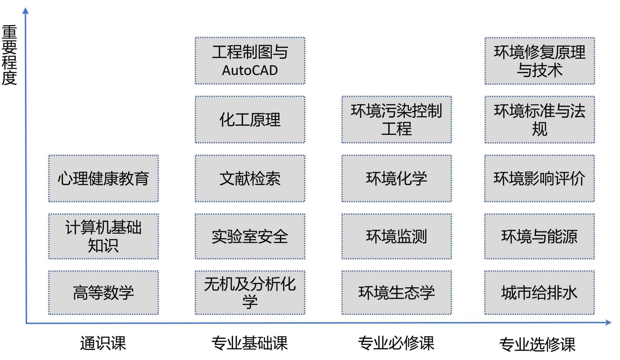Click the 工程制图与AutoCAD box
250,61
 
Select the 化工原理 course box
250,120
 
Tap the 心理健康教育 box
103,179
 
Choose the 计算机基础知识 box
103,236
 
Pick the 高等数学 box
103,293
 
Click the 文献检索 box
250,179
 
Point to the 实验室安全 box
250,236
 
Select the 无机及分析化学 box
250,293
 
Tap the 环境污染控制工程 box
396,120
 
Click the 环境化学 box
396,179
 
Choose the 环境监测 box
396,236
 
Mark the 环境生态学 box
396,293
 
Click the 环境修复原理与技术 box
540,61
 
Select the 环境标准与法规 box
540,120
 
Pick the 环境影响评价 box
540,179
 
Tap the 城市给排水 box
540,293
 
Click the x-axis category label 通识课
103,343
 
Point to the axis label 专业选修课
537,344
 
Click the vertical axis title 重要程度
9,55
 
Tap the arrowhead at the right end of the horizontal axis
608,322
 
